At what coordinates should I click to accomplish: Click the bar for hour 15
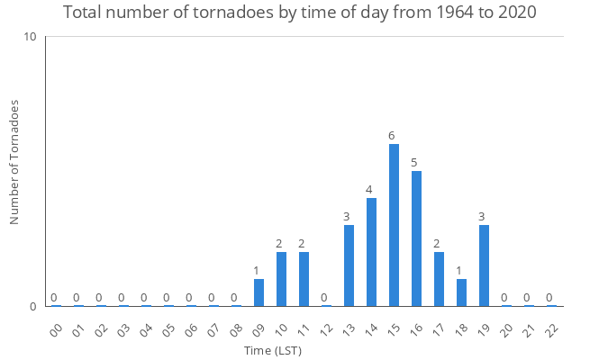[394, 225]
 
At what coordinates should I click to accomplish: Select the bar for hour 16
[416, 238]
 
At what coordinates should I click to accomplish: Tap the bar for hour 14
[371, 252]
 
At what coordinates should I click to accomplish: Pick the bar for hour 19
[484, 265]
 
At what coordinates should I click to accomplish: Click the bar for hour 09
[259, 292]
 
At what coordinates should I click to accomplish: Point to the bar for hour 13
[349, 265]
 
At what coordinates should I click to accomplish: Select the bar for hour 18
[461, 292]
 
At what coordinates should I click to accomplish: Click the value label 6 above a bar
[392, 136]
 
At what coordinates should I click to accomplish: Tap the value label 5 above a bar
[414, 163]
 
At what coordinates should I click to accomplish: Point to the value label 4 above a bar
[369, 190]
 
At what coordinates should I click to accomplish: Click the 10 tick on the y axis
[30, 37]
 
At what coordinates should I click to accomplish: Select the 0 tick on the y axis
[32, 306]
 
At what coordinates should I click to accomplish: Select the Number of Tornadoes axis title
[14, 163]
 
